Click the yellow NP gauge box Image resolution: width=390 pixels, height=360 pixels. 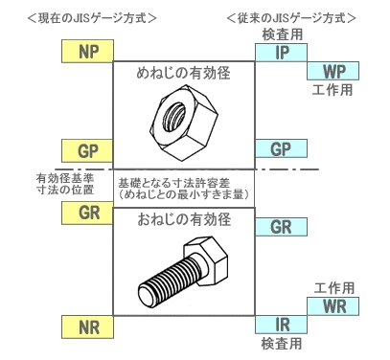87,51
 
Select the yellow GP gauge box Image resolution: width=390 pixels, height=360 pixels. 87,150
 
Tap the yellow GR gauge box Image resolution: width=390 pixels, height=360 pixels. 87,213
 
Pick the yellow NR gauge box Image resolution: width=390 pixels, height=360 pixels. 87,326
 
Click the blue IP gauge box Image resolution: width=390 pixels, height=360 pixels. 281,53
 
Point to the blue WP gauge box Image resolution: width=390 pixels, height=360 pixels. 333,71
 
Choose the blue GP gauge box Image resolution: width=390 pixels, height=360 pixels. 281,148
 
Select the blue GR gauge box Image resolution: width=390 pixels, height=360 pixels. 281,227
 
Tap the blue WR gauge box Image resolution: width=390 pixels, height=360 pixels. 333,306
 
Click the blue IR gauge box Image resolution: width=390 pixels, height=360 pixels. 281,325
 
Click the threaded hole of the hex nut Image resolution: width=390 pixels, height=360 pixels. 174,117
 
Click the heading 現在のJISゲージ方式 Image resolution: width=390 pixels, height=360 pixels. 92,18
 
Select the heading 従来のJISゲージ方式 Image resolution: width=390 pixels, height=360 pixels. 291,18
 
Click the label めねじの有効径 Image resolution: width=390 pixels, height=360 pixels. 183,73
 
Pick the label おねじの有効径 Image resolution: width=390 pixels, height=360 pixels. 184,219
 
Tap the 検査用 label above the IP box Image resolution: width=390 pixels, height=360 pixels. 283,34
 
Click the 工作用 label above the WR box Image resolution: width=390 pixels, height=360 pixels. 334,288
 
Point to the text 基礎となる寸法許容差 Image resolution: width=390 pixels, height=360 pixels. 173,183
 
